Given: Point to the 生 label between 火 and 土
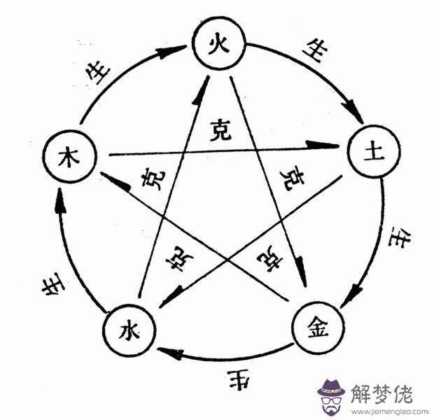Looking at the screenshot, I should [313, 50].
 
